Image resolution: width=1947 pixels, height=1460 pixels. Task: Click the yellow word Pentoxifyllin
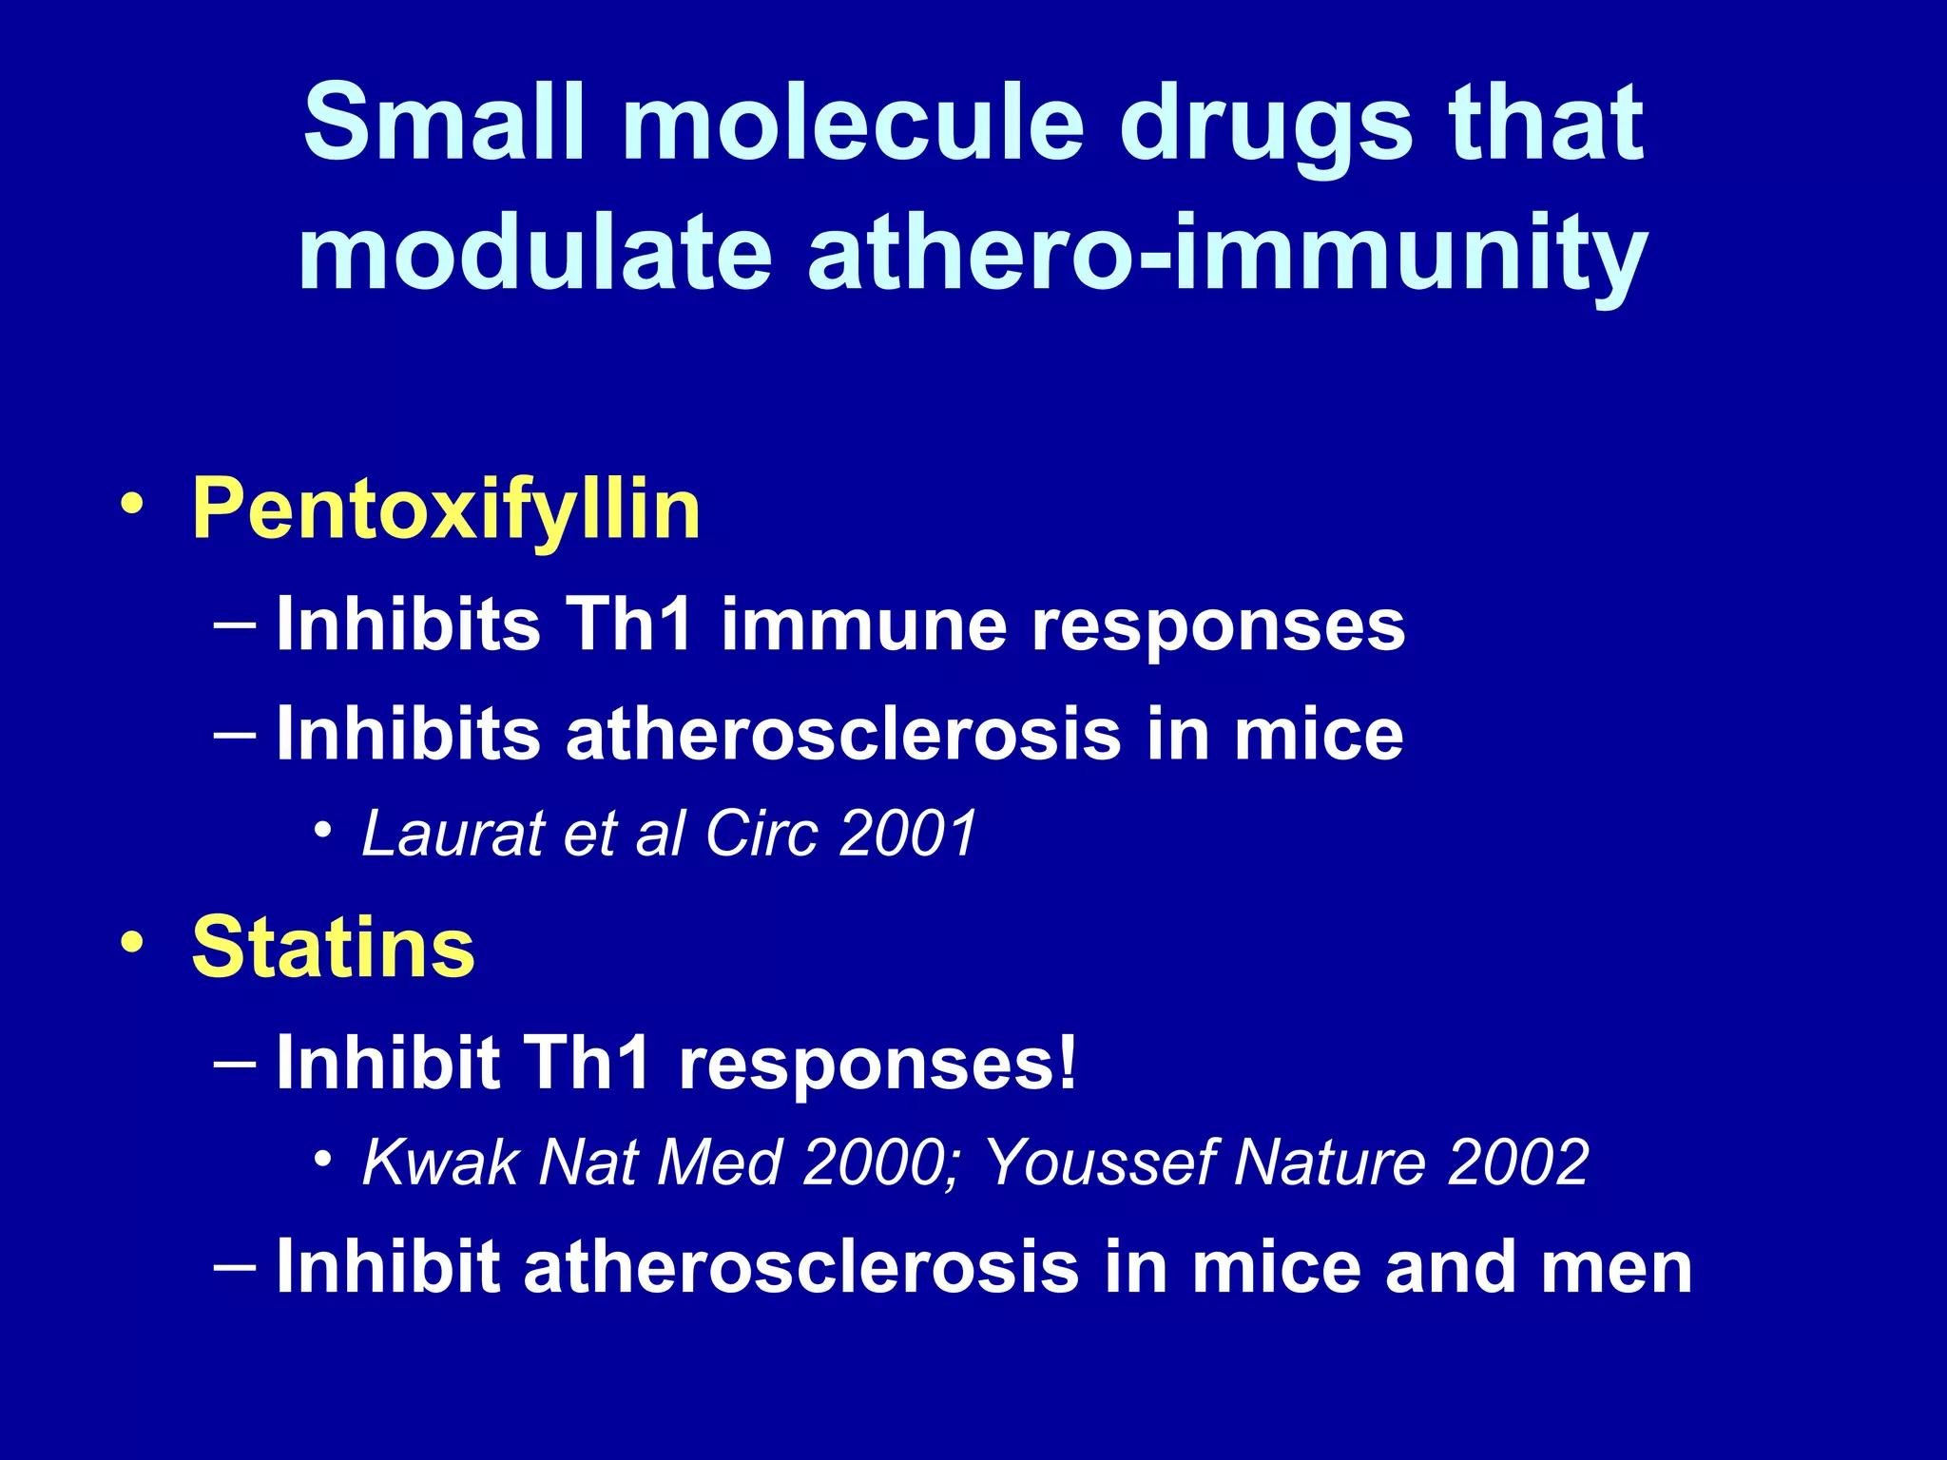click(x=446, y=510)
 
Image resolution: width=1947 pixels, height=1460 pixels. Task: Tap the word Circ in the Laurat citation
click(x=761, y=834)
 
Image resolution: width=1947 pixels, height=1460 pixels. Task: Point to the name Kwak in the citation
click(x=438, y=1162)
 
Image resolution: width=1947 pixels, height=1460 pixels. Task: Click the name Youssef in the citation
click(x=1098, y=1162)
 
